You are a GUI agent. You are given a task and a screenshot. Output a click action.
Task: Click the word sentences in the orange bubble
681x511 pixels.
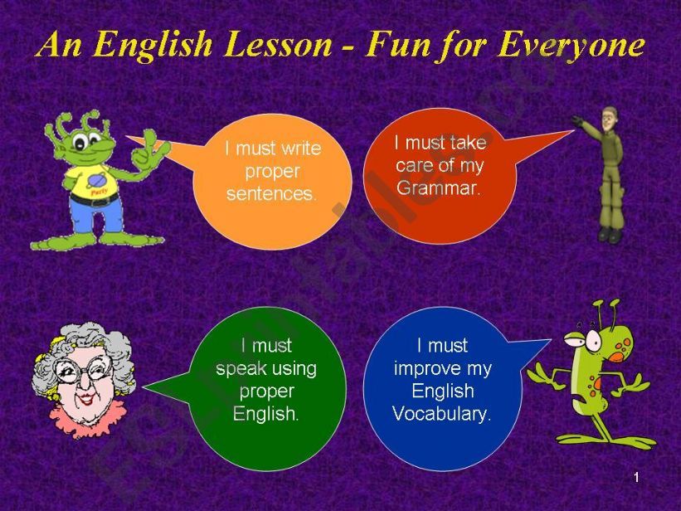[271, 195]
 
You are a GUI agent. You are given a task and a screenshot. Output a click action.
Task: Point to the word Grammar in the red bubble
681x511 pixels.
[439, 187]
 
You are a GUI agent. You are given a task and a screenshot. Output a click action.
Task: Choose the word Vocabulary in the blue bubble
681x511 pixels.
[442, 413]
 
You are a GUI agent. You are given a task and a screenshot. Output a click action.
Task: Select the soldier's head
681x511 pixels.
[610, 118]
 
